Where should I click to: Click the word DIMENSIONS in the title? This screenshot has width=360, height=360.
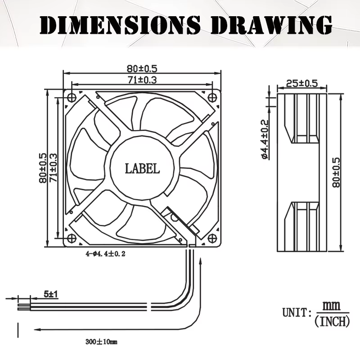click(120, 25)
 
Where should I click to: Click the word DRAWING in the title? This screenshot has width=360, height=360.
click(272, 25)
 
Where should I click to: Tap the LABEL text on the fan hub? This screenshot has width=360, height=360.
click(142, 169)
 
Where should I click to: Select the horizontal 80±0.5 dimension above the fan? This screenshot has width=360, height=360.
click(142, 68)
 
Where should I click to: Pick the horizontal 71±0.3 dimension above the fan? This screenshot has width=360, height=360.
click(142, 80)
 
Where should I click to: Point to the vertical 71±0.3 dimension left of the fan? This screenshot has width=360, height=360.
click(53, 168)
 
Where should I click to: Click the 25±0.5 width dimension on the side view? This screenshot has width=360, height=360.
click(302, 83)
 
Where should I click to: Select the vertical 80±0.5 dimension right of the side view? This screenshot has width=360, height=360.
click(336, 172)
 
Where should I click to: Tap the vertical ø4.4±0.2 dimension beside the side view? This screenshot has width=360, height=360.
click(265, 139)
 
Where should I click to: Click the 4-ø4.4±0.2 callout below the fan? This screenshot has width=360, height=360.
click(106, 254)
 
